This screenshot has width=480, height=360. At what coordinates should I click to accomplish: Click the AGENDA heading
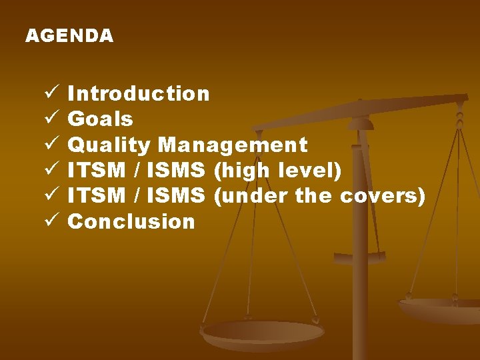pos(69,36)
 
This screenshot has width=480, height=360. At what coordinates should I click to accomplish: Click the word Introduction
pos(139,94)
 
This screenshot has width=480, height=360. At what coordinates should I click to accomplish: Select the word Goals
pos(101,119)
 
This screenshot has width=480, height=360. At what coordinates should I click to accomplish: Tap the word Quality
pos(109,145)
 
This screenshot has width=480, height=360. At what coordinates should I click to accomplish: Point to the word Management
pos(233,145)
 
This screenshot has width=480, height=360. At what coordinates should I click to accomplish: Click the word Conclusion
pos(131,221)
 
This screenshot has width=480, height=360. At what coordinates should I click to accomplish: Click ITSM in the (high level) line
pos(97,171)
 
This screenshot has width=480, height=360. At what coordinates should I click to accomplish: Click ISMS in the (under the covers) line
pos(177,196)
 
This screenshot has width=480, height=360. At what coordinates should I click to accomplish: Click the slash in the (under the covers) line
pos(137,196)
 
